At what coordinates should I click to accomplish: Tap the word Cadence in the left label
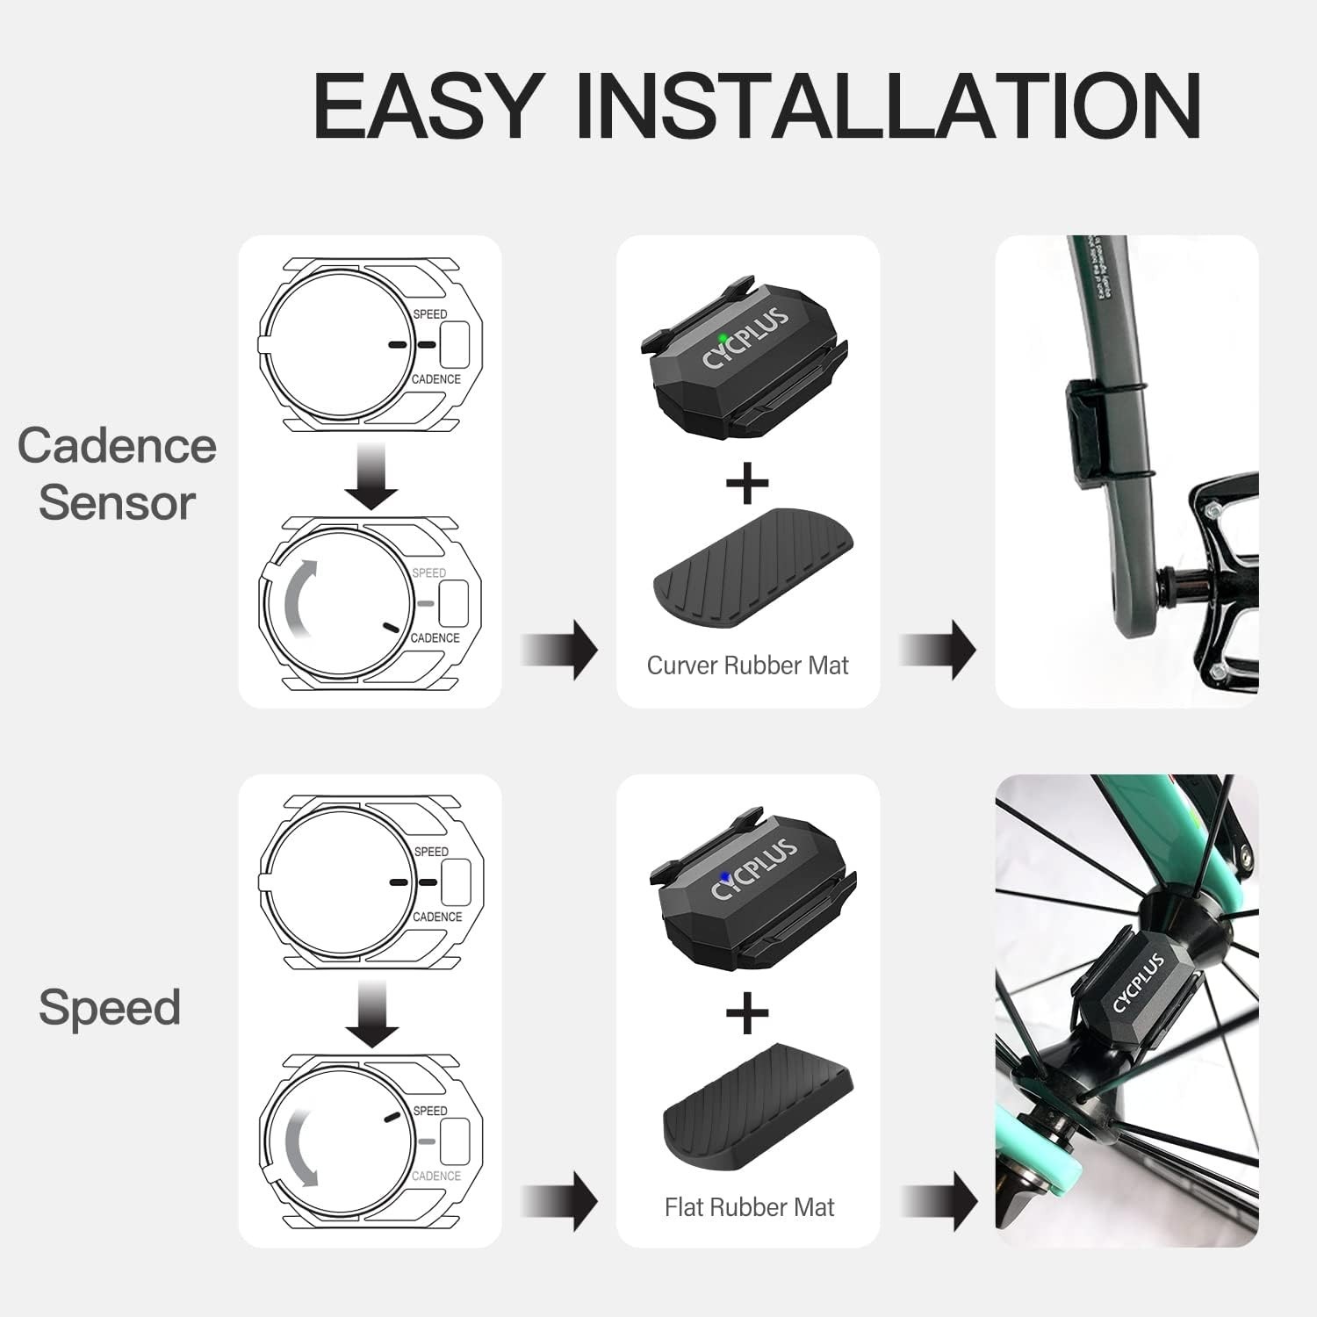coord(117,445)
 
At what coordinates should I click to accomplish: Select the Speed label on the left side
coord(110,1007)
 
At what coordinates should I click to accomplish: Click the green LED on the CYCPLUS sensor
coord(722,337)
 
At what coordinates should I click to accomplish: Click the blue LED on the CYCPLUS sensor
coord(723,876)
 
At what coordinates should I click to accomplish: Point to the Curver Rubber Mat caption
coord(747,666)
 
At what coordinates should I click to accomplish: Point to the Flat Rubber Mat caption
coord(749,1207)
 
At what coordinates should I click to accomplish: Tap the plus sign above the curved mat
coord(747,482)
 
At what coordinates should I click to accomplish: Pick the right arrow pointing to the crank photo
coord(939,649)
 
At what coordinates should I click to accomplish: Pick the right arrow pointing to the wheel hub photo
coord(941,1200)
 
